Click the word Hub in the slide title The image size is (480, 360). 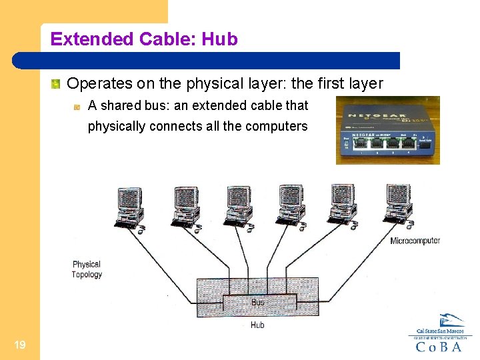click(x=219, y=39)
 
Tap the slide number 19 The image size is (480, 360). click(x=19, y=345)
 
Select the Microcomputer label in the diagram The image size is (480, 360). click(x=415, y=241)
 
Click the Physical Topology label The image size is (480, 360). click(x=87, y=269)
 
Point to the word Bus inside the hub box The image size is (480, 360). click(x=257, y=303)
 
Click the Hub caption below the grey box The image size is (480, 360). click(x=257, y=325)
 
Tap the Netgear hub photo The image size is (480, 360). click(x=387, y=131)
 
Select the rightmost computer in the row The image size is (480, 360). click(x=398, y=205)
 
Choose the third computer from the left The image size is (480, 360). click(x=238, y=207)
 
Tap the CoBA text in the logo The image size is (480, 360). click(x=440, y=346)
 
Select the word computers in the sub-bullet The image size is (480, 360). click(x=275, y=126)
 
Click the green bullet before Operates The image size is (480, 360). click(x=57, y=84)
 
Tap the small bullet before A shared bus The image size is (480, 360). click(x=77, y=106)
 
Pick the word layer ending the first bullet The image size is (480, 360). click(x=366, y=84)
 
